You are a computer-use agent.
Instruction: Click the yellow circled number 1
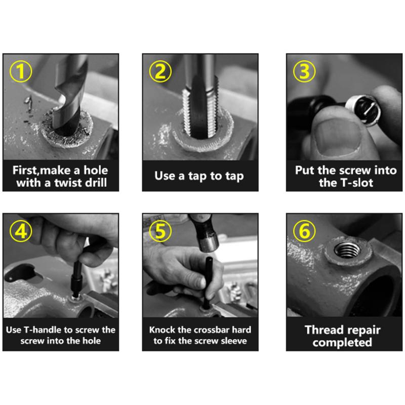[x=21, y=71]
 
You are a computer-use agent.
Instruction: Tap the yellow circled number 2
[x=160, y=71]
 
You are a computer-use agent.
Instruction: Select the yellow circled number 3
[x=304, y=71]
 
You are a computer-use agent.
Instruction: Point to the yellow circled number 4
[x=21, y=231]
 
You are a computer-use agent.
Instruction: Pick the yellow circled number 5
[x=160, y=231]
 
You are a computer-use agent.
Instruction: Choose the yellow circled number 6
[x=304, y=231]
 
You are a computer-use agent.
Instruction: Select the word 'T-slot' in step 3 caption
[x=359, y=183]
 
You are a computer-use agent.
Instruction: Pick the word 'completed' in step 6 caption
[x=342, y=343]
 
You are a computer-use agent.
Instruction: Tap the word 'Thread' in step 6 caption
[x=323, y=330]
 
